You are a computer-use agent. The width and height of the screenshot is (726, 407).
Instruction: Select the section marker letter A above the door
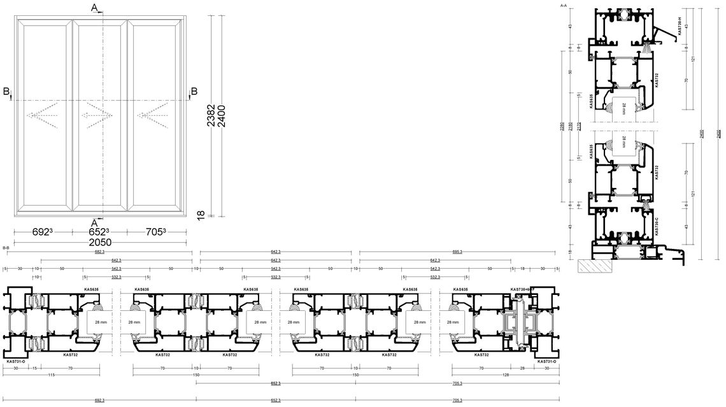coord(94,8)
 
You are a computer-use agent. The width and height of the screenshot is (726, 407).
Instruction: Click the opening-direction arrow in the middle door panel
coord(97,116)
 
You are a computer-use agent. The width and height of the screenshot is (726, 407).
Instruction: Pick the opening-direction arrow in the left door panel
coord(42,116)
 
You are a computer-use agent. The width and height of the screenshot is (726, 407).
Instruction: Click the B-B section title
coord(6,247)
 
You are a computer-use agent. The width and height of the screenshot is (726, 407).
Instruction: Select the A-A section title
coord(562,5)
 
